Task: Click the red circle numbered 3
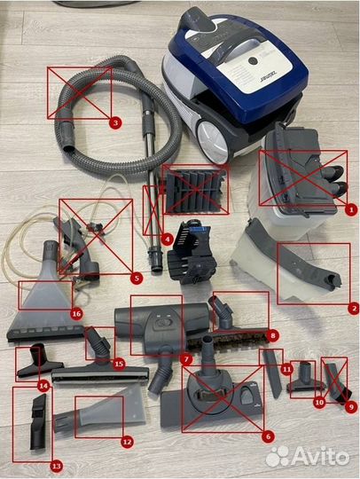(114, 122)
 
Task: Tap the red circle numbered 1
(350, 209)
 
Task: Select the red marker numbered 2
(353, 308)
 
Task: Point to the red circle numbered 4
(168, 239)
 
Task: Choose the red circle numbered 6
(267, 436)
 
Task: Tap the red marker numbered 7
(186, 358)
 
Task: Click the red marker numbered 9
(351, 406)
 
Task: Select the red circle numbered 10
(319, 401)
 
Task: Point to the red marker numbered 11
(286, 367)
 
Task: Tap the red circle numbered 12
(126, 441)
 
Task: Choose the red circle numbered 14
(43, 385)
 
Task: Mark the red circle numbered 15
(118, 363)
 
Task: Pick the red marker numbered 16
(76, 313)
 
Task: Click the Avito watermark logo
(307, 456)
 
